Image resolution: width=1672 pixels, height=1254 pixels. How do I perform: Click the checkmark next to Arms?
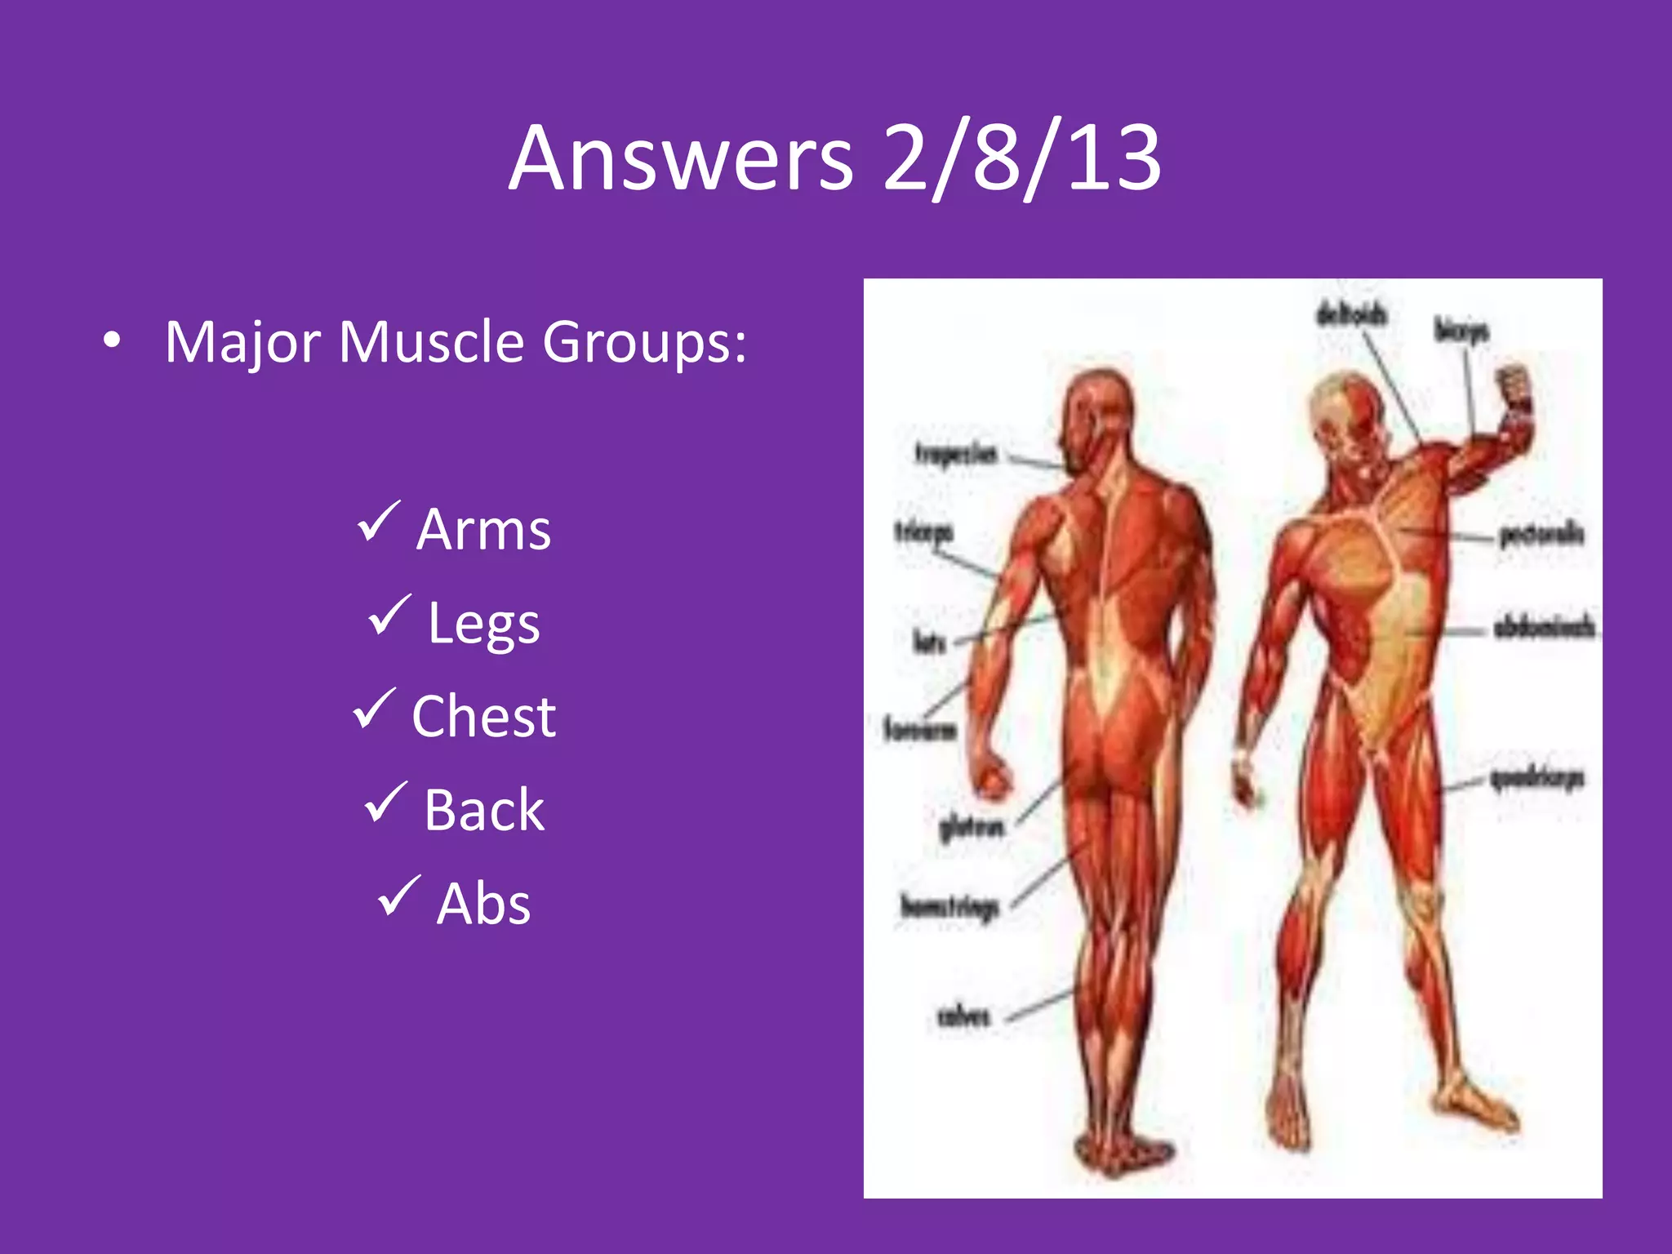[379, 522]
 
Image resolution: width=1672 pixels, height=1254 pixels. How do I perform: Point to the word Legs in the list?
[483, 624]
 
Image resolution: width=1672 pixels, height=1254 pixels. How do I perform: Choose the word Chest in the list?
[483, 717]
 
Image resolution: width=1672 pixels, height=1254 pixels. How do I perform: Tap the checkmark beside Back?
[385, 802]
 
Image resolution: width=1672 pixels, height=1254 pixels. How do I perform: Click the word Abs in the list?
[483, 904]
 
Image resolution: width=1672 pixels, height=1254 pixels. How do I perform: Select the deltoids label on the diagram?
[1351, 315]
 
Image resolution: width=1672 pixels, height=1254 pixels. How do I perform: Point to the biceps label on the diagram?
[1461, 331]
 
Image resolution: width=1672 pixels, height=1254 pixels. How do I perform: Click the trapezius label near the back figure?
[956, 454]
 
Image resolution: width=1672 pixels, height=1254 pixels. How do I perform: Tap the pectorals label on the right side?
[1541, 535]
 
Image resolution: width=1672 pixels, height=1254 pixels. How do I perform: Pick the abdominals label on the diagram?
[1544, 628]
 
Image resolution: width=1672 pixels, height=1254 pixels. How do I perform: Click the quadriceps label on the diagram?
[1537, 779]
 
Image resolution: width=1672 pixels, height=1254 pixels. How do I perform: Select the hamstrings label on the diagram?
[950, 907]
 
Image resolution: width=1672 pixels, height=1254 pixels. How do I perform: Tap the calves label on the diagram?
[963, 1016]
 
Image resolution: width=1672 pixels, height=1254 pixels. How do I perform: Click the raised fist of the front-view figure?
[1512, 387]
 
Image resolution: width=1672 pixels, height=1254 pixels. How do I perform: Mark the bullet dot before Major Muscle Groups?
[113, 341]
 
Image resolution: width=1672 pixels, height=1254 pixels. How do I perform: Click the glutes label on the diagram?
[972, 829]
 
